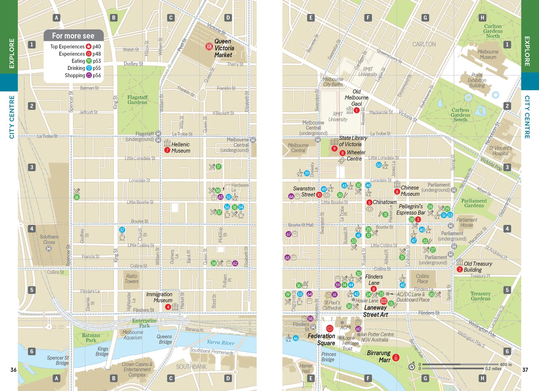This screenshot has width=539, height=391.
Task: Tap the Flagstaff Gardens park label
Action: click(137, 100)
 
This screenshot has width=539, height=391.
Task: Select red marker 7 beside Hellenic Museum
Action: click(167, 150)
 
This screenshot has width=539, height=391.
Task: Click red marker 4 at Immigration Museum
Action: click(168, 307)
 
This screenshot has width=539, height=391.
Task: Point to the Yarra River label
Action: click(220, 343)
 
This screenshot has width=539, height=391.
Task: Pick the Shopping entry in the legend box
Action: click(75, 75)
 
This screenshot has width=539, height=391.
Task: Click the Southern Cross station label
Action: click(49, 239)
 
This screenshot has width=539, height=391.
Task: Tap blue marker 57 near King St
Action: click(122, 230)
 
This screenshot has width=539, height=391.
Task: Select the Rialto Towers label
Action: click(132, 279)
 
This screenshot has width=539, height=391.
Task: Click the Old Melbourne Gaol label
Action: click(356, 97)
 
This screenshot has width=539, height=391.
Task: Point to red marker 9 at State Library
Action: click(334, 149)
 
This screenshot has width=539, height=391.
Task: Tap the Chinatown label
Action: click(384, 202)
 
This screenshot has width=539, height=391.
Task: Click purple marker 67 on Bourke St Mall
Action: click(288, 234)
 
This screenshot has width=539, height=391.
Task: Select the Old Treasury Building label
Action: click(478, 267)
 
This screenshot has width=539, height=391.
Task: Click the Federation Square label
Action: click(321, 339)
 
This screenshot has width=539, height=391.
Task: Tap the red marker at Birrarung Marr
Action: click(396, 357)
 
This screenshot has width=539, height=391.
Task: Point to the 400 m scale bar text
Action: click(506, 364)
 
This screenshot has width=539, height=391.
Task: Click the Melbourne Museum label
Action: click(488, 54)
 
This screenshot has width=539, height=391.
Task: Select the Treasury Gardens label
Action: click(480, 296)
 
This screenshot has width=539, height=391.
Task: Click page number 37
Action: click(525, 370)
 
